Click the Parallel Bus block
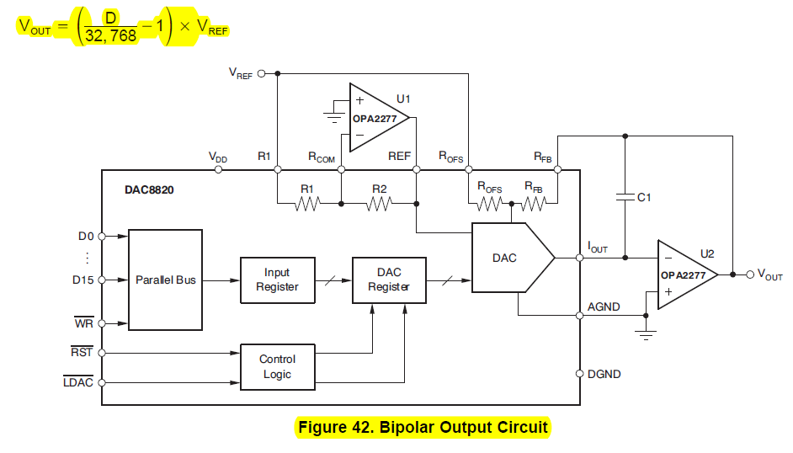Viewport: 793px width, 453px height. (165, 280)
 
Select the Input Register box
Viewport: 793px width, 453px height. (277, 280)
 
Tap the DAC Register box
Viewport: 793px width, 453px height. (389, 280)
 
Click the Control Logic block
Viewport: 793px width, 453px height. (277, 366)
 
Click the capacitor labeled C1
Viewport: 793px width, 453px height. (625, 197)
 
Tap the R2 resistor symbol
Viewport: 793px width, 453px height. (379, 202)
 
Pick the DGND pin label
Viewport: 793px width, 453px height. (604, 373)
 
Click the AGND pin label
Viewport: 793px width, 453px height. (604, 307)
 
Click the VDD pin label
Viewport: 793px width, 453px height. (218, 157)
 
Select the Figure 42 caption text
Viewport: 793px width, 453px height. (423, 428)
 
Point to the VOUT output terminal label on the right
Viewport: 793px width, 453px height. (769, 274)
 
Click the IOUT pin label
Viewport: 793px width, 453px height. (598, 247)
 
